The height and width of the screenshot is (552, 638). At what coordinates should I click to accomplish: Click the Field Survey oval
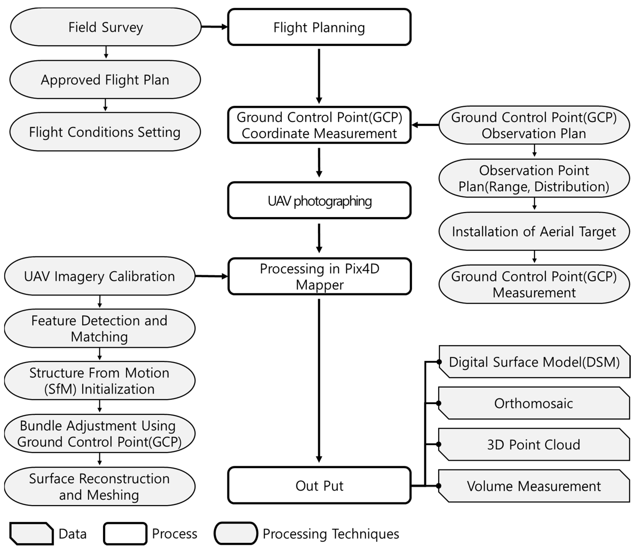click(x=106, y=27)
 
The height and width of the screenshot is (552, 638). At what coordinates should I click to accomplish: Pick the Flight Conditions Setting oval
click(x=105, y=132)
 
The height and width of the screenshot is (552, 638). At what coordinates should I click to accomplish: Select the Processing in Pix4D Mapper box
click(x=319, y=276)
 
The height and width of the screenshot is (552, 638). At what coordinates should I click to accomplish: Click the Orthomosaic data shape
click(x=533, y=403)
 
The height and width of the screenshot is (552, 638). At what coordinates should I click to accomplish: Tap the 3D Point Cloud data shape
click(x=533, y=444)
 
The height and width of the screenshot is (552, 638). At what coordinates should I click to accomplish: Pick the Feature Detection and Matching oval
click(x=99, y=328)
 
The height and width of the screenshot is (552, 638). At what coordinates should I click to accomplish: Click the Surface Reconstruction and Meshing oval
click(x=99, y=487)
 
